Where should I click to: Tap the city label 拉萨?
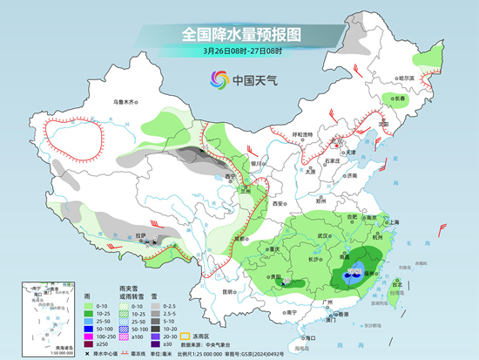[x=142, y=235]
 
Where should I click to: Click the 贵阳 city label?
[x=260, y=278]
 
